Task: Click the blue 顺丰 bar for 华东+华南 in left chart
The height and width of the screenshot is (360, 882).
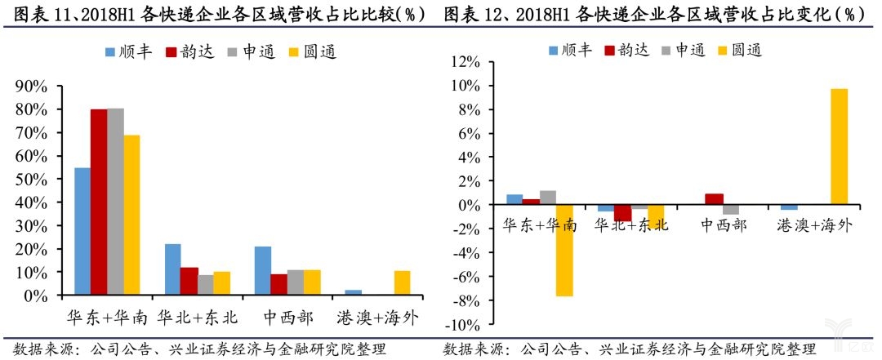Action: tap(82, 231)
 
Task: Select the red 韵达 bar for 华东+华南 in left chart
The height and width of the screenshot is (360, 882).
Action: tap(99, 202)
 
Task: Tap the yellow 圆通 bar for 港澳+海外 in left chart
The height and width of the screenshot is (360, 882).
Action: tap(402, 282)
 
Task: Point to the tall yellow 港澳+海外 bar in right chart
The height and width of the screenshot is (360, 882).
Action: tap(839, 147)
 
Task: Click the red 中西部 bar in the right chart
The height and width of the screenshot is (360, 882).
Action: tap(713, 199)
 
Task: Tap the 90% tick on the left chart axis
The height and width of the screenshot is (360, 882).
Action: tap(32, 87)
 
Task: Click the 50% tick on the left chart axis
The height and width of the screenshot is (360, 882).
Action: tap(32, 179)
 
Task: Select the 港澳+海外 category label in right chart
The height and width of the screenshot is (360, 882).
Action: tap(813, 225)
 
